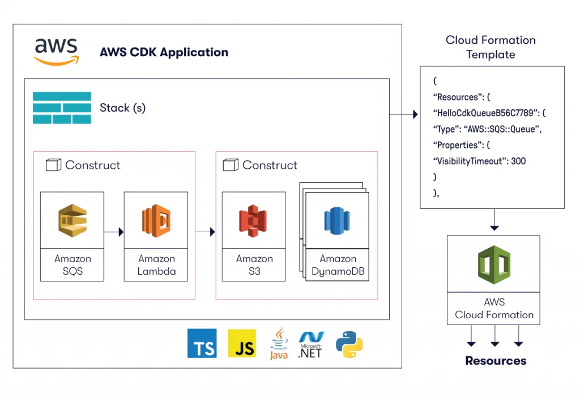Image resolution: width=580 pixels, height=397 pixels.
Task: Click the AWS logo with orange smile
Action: click(x=56, y=52)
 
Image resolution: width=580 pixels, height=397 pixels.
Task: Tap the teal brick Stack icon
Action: click(x=62, y=108)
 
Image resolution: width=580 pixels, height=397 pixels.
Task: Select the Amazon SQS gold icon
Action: click(x=72, y=220)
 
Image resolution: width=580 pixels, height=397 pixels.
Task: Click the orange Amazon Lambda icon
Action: click(x=156, y=220)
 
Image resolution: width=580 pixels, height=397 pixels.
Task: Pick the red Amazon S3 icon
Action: click(x=253, y=220)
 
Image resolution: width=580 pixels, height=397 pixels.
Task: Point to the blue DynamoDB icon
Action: click(x=336, y=221)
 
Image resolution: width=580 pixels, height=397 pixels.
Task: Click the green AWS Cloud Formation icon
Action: click(x=494, y=264)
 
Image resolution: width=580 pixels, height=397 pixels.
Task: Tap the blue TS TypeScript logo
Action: click(x=202, y=343)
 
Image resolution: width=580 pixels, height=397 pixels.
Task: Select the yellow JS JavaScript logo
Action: click(x=242, y=343)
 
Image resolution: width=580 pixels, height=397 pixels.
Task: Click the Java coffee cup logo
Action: click(x=279, y=343)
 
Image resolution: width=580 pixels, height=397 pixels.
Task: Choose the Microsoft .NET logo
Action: click(x=311, y=345)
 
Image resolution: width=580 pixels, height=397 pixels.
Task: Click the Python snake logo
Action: click(x=349, y=344)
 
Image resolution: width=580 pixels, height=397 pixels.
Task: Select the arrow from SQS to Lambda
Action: click(x=114, y=232)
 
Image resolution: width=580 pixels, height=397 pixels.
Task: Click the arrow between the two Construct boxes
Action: click(x=205, y=232)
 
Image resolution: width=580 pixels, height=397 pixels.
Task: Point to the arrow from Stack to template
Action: click(x=404, y=114)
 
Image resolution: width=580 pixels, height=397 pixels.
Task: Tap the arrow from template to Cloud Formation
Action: click(x=494, y=220)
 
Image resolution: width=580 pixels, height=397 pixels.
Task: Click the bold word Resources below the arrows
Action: click(x=496, y=361)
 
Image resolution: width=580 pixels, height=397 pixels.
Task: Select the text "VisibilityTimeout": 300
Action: click(x=479, y=161)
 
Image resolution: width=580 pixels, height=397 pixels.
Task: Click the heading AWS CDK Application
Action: click(x=164, y=52)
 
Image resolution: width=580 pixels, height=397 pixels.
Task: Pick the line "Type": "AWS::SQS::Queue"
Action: click(x=487, y=129)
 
